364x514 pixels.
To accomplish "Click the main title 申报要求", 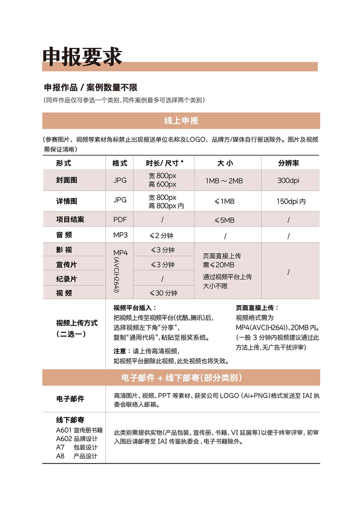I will [x=82, y=57].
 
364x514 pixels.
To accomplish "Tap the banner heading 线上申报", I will [x=181, y=121].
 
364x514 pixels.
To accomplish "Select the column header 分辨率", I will [x=288, y=163].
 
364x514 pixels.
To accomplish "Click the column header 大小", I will [x=225, y=163].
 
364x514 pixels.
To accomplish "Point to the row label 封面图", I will [x=67, y=180].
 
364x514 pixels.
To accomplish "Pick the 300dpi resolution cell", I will [x=288, y=180].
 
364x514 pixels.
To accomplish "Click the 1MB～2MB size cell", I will [x=224, y=181].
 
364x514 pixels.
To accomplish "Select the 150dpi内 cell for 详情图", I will [x=291, y=201].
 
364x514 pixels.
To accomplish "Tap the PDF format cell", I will [x=120, y=220].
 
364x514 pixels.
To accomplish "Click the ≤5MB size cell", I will [x=225, y=220].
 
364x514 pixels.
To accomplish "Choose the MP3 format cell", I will [x=120, y=235].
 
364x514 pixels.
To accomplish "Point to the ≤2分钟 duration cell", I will [x=162, y=236].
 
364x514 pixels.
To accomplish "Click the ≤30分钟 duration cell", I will [x=163, y=293].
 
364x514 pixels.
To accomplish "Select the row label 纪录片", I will [x=66, y=279].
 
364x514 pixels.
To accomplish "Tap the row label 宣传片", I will [x=66, y=265].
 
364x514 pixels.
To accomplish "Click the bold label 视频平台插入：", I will [x=135, y=308].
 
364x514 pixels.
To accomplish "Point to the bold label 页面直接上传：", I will [x=257, y=308].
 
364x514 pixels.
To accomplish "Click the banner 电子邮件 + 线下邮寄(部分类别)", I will [x=181, y=378].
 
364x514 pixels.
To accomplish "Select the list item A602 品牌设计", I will [x=77, y=439].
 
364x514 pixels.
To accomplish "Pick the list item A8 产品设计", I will [x=77, y=456].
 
